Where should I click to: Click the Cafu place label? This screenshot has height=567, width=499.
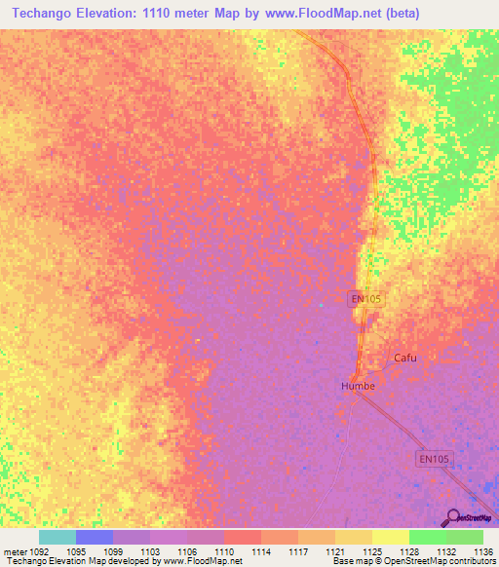[x=404, y=358]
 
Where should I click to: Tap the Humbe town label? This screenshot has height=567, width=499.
[x=358, y=386]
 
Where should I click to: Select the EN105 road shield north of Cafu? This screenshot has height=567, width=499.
[x=365, y=300]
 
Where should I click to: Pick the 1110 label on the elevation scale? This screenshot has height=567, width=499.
[x=223, y=550]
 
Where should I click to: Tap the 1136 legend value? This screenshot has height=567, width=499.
[x=482, y=550]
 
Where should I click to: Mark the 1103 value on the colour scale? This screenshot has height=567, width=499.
[x=149, y=550]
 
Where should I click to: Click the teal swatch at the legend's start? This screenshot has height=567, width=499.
[x=57, y=537]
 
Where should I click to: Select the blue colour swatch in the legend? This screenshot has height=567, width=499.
[x=94, y=537]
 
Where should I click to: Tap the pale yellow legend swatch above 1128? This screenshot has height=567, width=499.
[x=390, y=537]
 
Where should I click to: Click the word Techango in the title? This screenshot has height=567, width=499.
[x=49, y=13]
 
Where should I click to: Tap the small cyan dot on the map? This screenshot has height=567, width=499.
[x=321, y=305]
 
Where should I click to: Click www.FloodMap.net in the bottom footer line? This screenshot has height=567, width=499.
[x=202, y=561]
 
